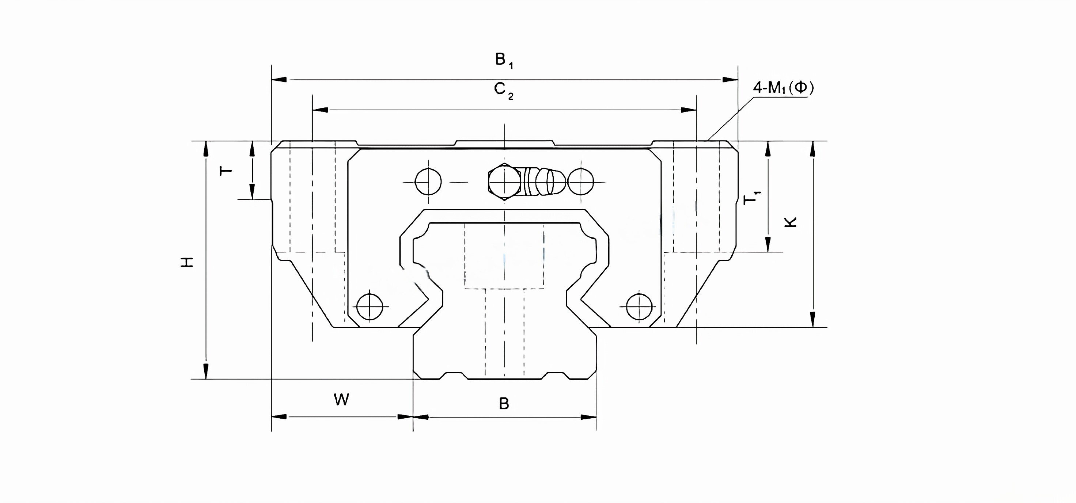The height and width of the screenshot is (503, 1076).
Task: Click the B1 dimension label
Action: point(503,61)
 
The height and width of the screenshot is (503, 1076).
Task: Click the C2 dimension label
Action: point(503,90)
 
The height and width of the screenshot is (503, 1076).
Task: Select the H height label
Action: point(187,262)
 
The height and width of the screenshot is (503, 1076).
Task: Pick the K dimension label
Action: point(791,222)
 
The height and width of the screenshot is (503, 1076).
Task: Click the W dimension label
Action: point(341,400)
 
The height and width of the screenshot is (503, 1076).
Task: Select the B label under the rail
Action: point(504,404)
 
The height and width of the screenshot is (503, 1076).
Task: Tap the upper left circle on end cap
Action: point(428,182)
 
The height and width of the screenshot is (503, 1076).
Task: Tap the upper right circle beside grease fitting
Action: point(581,182)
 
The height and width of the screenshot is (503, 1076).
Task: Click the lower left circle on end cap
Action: point(370,307)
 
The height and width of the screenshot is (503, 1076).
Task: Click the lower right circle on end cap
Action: point(640,307)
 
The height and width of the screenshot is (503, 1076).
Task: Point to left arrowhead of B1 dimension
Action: point(279,79)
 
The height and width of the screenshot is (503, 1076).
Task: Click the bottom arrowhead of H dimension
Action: point(206,371)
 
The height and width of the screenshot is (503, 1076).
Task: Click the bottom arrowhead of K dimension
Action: point(812,319)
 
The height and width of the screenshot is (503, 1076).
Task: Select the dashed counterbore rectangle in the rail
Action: point(504,255)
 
